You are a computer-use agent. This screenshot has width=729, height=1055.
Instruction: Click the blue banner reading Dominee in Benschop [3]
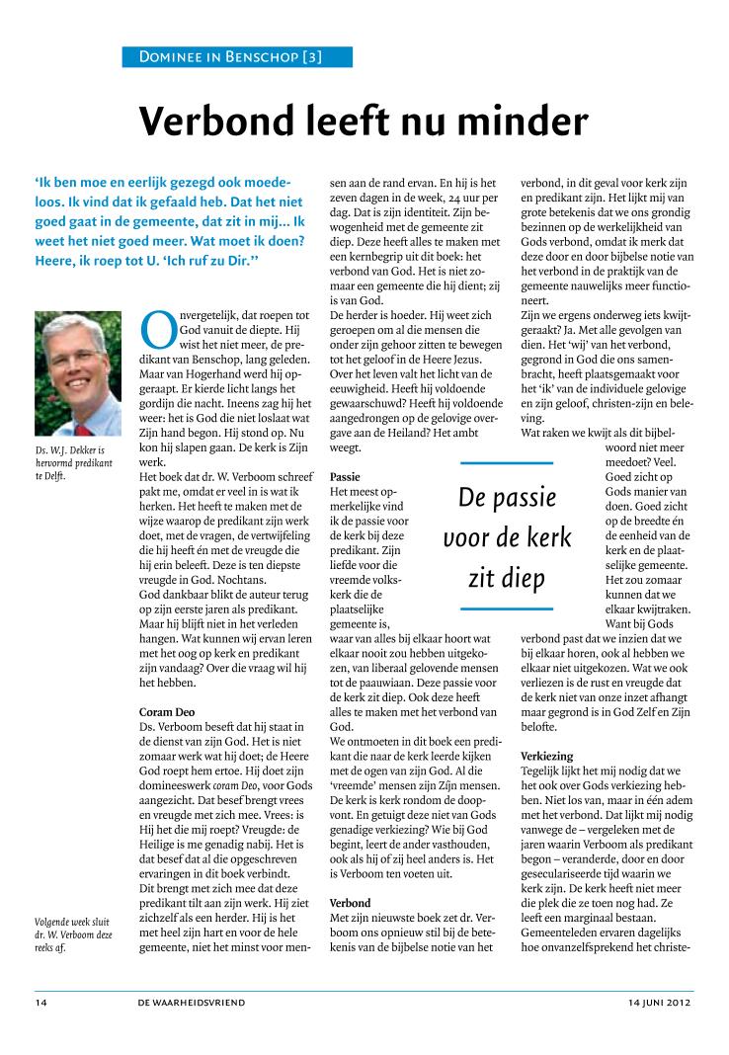click(237, 57)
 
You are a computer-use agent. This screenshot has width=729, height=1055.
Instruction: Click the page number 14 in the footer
click(42, 1002)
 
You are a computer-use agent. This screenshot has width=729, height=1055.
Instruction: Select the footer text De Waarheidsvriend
click(192, 1002)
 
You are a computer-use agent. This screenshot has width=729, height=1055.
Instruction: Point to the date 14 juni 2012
click(660, 1002)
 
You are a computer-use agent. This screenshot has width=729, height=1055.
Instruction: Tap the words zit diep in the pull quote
click(507, 577)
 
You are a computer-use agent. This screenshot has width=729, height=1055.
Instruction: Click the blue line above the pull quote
click(507, 462)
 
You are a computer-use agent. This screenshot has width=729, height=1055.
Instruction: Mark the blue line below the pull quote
click(507, 609)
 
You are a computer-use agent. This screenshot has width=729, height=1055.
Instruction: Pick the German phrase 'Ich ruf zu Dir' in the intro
click(211, 261)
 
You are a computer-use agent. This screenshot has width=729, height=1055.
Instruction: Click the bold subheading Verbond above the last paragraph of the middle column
click(350, 903)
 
